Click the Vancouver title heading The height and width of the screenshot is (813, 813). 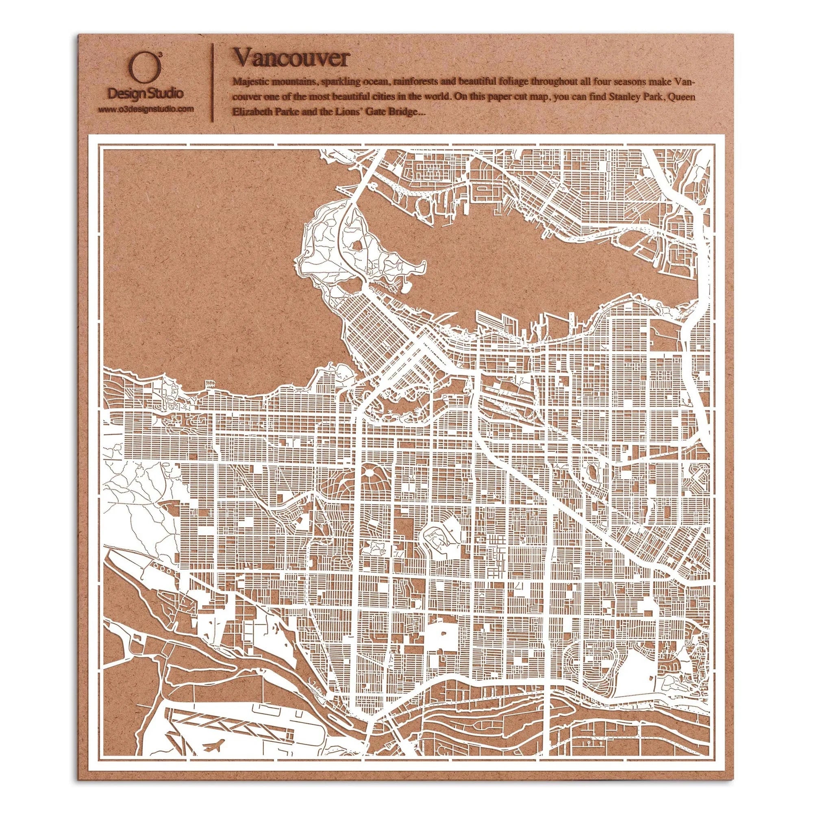[x=291, y=58]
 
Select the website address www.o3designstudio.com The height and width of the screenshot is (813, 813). [x=146, y=109]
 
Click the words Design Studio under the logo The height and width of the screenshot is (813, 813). [x=146, y=93]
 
